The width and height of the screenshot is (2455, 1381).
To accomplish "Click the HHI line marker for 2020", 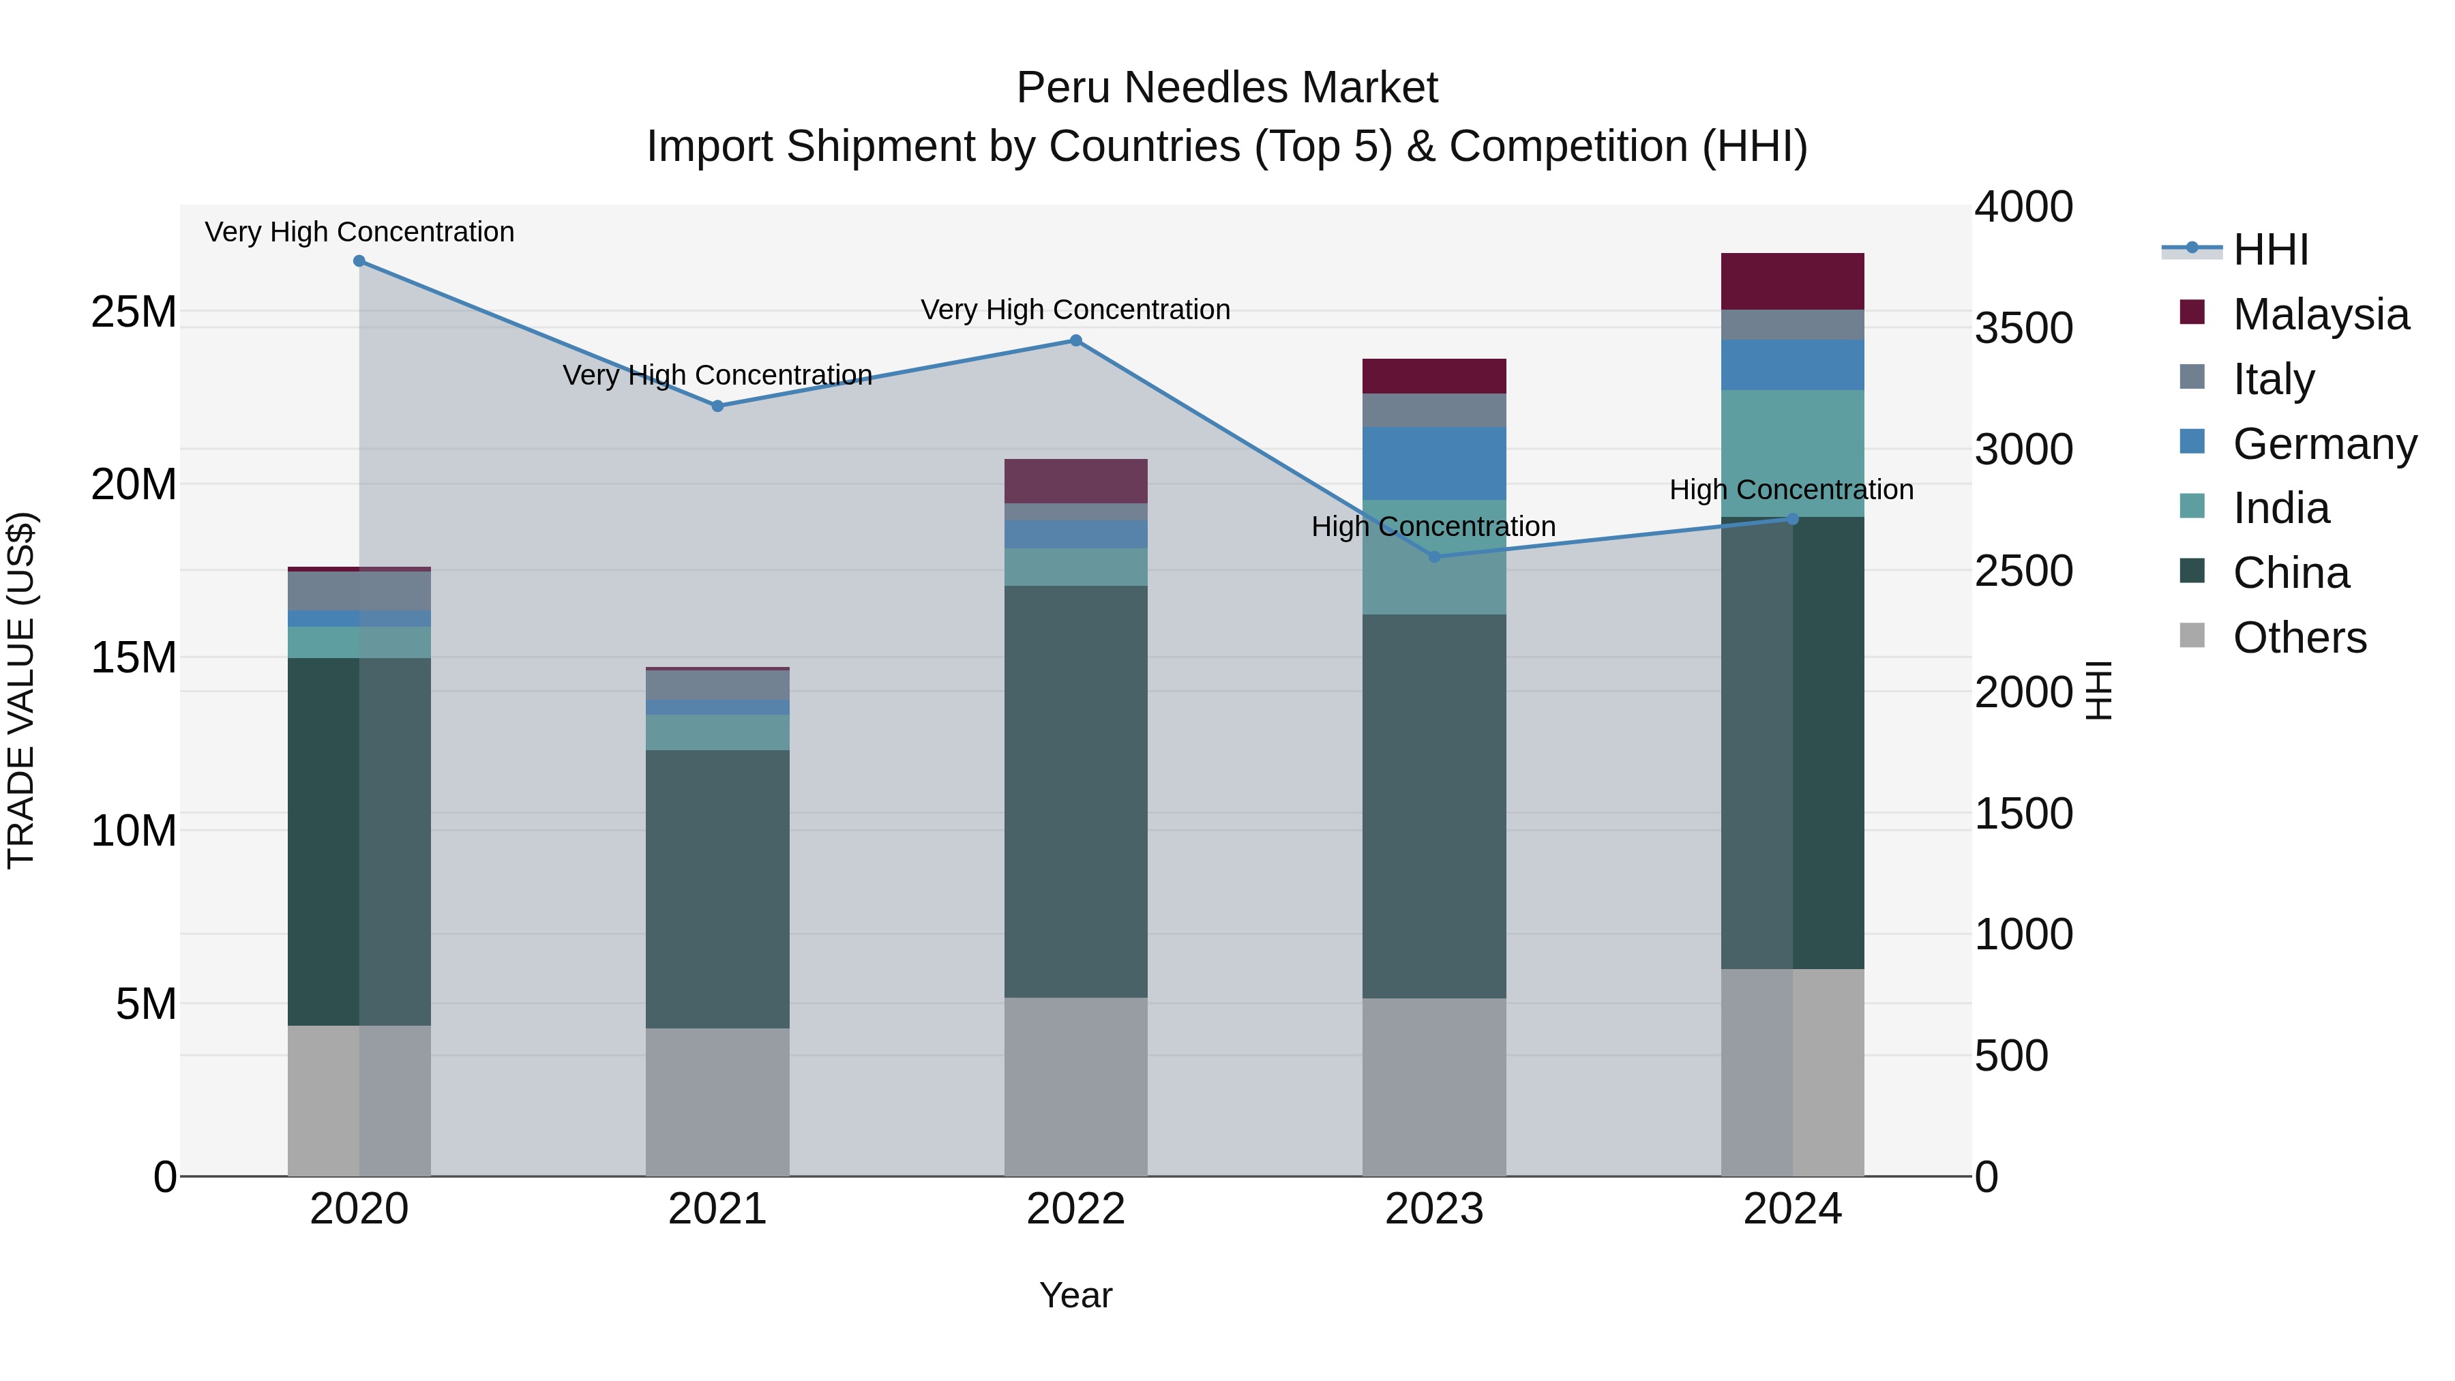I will click(x=359, y=261).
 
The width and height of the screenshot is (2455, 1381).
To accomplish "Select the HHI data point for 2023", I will click(x=1434, y=556).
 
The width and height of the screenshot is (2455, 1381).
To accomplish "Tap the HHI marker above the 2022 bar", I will click(x=1076, y=340).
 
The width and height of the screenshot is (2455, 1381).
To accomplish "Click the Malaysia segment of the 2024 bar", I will click(x=1791, y=281).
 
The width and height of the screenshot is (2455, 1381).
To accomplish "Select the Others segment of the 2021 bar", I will click(x=717, y=1102).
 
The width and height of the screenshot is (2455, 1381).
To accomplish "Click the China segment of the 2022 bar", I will click(x=1076, y=791).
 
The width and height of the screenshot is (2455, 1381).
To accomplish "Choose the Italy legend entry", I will click(x=2273, y=379).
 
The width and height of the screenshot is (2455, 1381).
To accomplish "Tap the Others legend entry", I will click(x=2299, y=638).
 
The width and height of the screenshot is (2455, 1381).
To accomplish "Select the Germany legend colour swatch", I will click(x=2192, y=442).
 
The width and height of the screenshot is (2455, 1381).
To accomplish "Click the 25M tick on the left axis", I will click(x=134, y=312).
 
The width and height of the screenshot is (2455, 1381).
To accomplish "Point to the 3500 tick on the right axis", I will click(x=2023, y=328).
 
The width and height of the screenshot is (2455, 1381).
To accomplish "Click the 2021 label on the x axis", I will click(x=717, y=1209).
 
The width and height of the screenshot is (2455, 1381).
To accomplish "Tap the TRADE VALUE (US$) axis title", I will click(x=21, y=690).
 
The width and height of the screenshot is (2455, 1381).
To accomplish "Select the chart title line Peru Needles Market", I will click(x=1227, y=88).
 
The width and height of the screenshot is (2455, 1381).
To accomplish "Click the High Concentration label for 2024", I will click(x=1791, y=490).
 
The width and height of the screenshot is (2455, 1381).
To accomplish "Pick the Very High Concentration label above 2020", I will click(x=359, y=232).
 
